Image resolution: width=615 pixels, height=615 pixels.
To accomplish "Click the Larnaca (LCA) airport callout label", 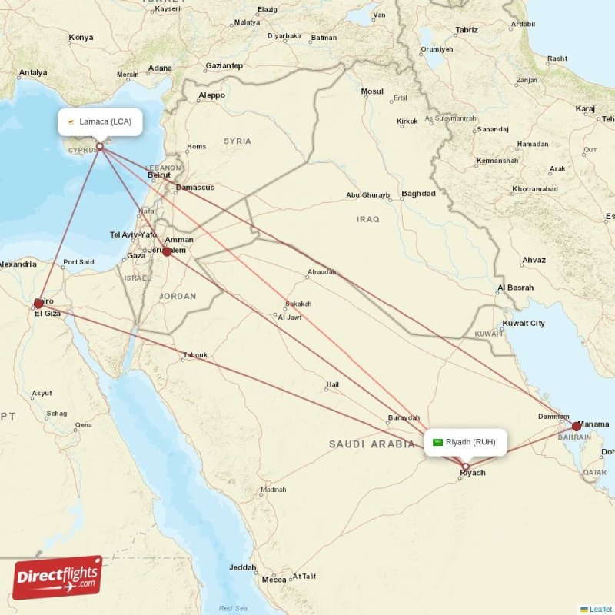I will tap(100, 121).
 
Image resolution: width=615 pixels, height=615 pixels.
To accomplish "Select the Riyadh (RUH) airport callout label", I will tap(466, 442).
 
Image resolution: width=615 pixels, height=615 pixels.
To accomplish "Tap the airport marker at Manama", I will tap(577, 426).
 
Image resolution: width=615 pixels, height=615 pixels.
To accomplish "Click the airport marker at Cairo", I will tap(38, 304).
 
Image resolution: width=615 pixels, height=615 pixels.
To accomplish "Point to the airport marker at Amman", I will tap(167, 251).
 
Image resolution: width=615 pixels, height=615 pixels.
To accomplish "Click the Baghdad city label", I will tap(418, 194).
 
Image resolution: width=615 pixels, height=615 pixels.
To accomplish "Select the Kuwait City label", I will tap(524, 323).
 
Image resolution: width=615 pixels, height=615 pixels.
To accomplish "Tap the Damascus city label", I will tap(195, 188).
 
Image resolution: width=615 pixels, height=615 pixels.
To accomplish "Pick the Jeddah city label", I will tap(243, 567).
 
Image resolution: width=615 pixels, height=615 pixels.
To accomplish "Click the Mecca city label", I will tap(274, 580).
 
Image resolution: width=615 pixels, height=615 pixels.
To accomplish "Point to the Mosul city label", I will tap(372, 91).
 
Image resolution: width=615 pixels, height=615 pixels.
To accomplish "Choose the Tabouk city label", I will tap(195, 355).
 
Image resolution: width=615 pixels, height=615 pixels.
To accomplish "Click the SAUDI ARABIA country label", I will tap(371, 444).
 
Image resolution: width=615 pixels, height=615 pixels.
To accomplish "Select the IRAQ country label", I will tap(368, 219).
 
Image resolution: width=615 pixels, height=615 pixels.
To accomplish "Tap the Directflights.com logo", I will tap(58, 578).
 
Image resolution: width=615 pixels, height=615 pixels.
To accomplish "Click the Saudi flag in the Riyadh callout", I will tap(438, 442).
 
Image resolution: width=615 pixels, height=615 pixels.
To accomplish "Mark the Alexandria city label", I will tap(18, 264).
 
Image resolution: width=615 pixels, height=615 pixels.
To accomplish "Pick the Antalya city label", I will tap(33, 73).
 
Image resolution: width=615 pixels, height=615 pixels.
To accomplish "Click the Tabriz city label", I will tap(466, 30).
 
